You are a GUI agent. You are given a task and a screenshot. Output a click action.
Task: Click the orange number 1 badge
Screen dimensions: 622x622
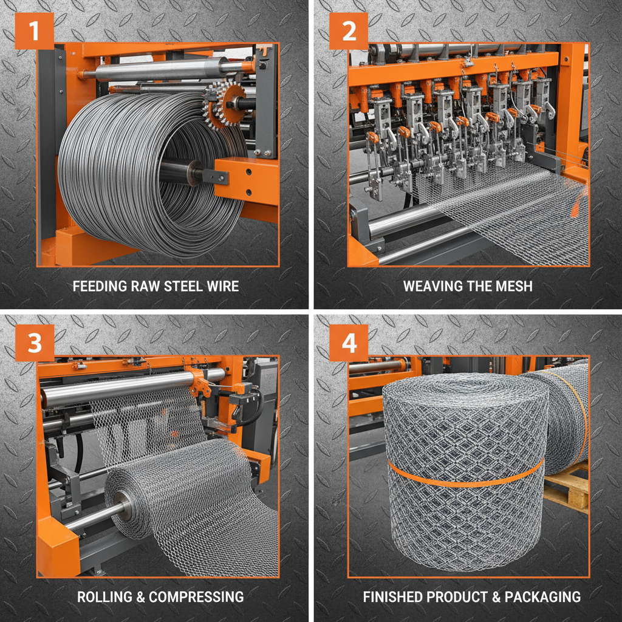pos(34,30)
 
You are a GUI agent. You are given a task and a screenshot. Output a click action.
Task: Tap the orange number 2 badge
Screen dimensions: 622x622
pos(349,30)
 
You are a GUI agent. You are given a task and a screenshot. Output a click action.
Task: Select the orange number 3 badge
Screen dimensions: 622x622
pos(35,343)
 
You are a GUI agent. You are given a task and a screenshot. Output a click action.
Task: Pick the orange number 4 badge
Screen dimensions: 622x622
pos(349,343)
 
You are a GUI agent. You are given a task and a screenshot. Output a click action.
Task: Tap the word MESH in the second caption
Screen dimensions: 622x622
pos(515,285)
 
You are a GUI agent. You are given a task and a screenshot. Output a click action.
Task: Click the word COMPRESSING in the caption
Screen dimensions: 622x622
pos(196,596)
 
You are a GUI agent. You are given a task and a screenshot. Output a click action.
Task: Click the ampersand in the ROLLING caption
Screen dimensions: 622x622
pos(140,596)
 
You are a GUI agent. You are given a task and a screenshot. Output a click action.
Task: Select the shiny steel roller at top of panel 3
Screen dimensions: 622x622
pos(121,388)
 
